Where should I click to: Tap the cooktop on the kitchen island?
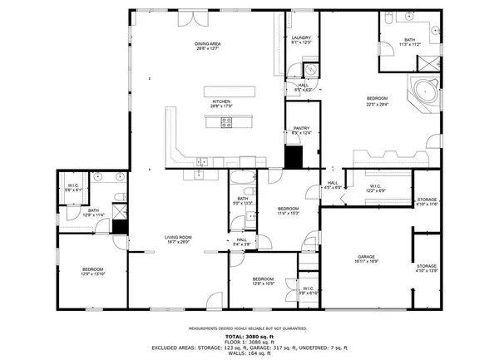[x=226, y=123]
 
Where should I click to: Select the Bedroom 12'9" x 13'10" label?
[x=91, y=271]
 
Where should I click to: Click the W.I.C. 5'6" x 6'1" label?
[x=73, y=188]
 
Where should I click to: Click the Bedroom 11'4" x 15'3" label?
[x=288, y=210]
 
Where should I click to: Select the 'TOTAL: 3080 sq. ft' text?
[x=249, y=335]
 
